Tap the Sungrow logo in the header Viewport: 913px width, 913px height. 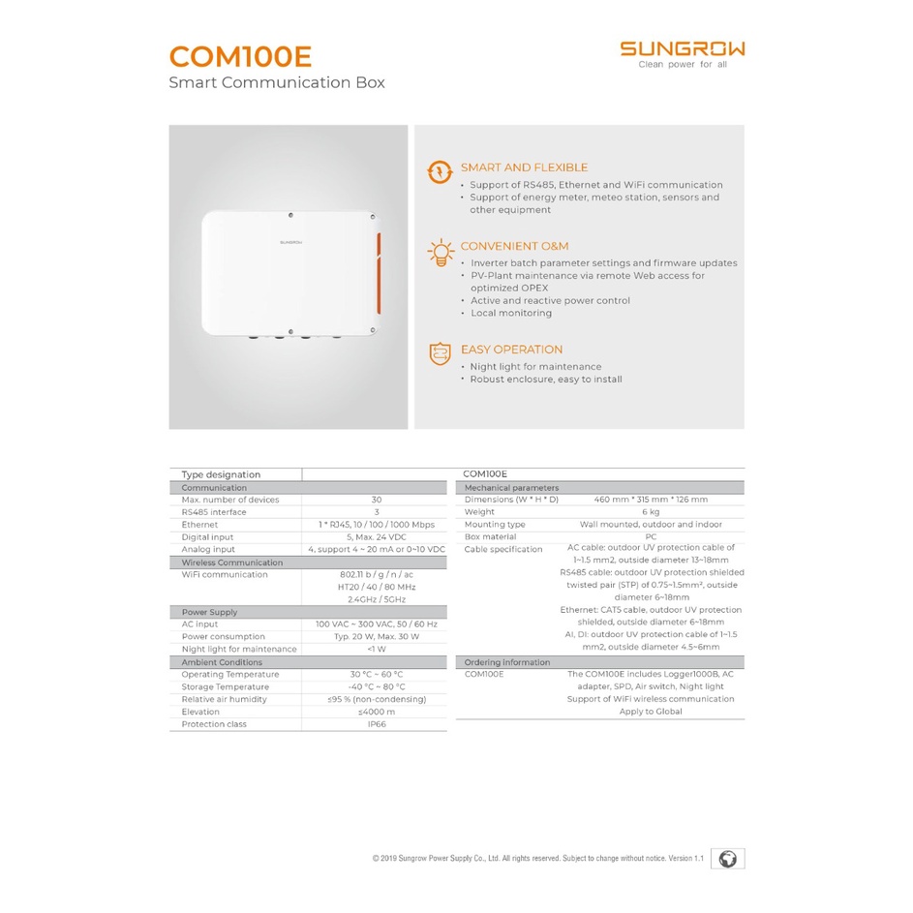pos(682,49)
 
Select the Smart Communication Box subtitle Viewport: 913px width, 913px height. pos(276,82)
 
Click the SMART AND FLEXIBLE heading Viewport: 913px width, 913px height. pos(524,167)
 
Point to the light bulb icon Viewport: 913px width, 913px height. pos(441,252)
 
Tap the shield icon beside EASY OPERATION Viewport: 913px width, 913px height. pos(441,353)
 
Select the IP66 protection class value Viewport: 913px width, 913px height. pos(376,724)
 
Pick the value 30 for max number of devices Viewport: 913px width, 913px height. pos(376,500)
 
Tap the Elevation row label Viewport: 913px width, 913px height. pos(201,712)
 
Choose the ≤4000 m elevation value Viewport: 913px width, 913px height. pos(376,712)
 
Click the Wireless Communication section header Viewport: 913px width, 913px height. pos(231,563)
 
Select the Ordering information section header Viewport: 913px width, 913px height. pos(506,662)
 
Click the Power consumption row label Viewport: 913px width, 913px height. pos(223,637)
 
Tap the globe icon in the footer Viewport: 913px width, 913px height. pos(728,859)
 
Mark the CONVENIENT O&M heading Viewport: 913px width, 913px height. pos(514,246)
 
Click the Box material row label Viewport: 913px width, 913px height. pos(490,536)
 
